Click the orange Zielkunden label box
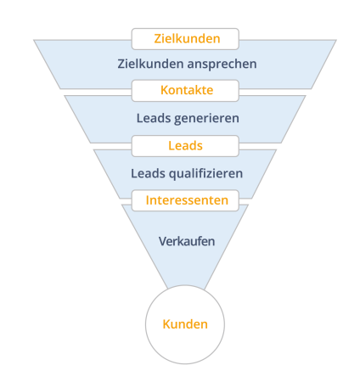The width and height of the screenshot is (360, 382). click(185, 39)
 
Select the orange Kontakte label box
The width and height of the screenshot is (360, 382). click(185, 91)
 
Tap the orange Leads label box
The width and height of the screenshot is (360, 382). click(185, 146)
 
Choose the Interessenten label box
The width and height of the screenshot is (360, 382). click(185, 200)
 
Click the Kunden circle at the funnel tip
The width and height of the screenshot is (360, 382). click(185, 324)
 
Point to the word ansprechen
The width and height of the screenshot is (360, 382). click(222, 65)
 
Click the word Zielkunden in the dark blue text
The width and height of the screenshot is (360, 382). click(150, 64)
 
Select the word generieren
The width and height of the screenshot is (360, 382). click(206, 119)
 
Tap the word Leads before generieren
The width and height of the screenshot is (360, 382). click(154, 118)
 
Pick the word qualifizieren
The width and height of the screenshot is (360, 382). click(205, 174)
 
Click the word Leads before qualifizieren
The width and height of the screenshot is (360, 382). click(148, 173)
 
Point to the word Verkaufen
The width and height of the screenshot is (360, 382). click(187, 241)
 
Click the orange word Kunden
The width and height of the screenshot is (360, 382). click(185, 324)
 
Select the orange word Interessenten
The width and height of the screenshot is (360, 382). click(187, 200)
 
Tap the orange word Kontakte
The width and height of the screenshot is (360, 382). click(187, 90)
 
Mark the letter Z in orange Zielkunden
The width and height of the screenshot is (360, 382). click(158, 39)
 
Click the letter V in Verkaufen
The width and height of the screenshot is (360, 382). click(163, 241)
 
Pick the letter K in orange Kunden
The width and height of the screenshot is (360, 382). click(166, 324)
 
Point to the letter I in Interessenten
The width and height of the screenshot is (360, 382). click(148, 200)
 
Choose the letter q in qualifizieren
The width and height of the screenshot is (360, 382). click(172, 175)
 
